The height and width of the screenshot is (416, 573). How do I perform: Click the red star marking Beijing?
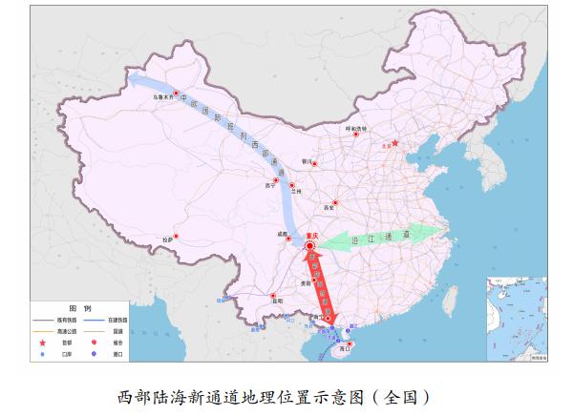tap(393, 144)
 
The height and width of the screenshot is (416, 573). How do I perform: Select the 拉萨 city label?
tap(169, 238)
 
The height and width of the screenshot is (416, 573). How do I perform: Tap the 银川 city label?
tap(307, 160)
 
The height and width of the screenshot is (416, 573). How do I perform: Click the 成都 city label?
tap(283, 233)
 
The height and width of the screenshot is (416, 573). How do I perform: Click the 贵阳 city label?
tap(305, 281)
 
